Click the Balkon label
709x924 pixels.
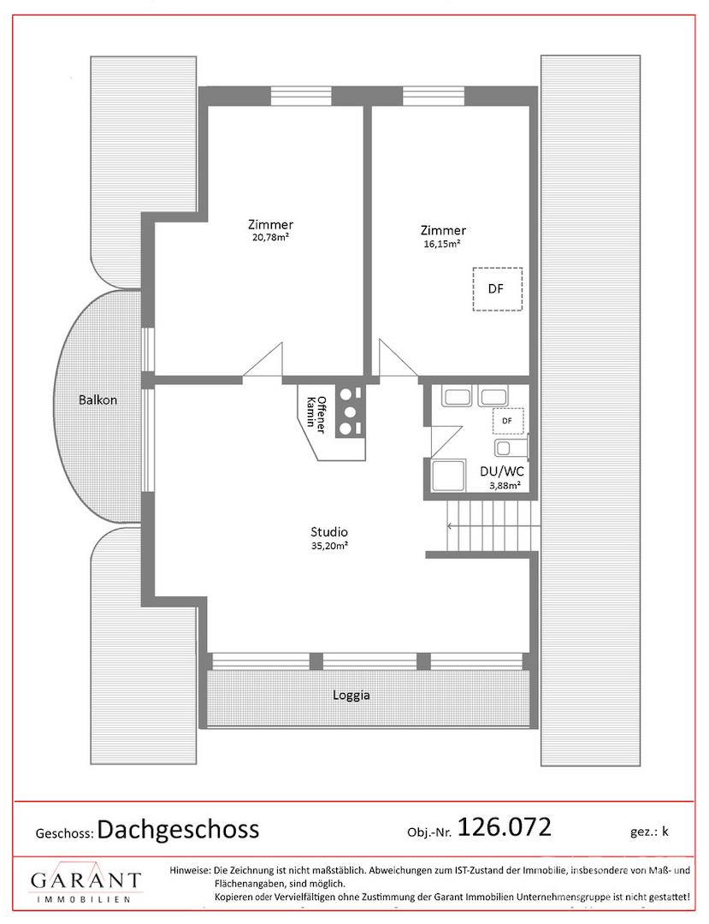[x=97, y=400]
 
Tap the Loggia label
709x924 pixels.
[x=351, y=696]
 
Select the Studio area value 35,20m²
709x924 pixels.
[x=329, y=546]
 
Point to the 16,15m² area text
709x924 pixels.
[x=442, y=243]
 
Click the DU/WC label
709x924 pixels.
[x=502, y=472]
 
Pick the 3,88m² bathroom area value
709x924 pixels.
[x=504, y=486]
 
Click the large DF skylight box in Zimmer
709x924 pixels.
[x=498, y=289]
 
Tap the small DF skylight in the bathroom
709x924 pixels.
[x=507, y=420]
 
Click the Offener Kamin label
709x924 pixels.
[x=315, y=414]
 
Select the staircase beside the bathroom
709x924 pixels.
[x=493, y=525]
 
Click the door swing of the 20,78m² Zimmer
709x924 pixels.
[x=263, y=359]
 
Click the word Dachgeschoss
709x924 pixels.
[x=178, y=830]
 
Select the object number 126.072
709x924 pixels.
[x=504, y=827]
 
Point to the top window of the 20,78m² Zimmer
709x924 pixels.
[x=302, y=96]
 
